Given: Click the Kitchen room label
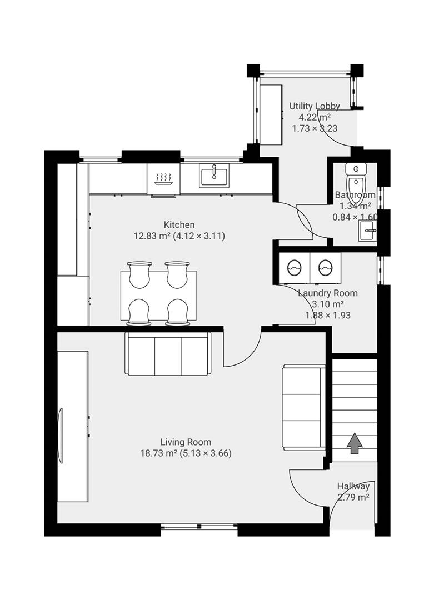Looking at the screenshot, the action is [x=179, y=224].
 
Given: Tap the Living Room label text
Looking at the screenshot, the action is [x=186, y=442].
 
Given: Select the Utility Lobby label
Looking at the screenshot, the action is [x=314, y=106].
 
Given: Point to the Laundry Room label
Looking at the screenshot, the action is [x=328, y=293].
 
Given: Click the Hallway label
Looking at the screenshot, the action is [x=353, y=486].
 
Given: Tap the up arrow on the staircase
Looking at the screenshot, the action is [x=355, y=443].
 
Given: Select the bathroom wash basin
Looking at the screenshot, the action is [x=367, y=231].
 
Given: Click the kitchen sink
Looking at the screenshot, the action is [x=214, y=176].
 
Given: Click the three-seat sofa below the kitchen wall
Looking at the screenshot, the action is [x=168, y=354].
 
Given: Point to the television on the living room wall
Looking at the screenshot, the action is [x=60, y=436].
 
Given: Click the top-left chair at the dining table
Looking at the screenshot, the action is [x=139, y=274].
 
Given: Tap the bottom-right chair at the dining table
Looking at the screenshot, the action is [x=178, y=312].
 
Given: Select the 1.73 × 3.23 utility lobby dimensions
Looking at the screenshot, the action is [x=315, y=128].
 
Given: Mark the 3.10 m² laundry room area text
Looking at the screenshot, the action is [x=328, y=304].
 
